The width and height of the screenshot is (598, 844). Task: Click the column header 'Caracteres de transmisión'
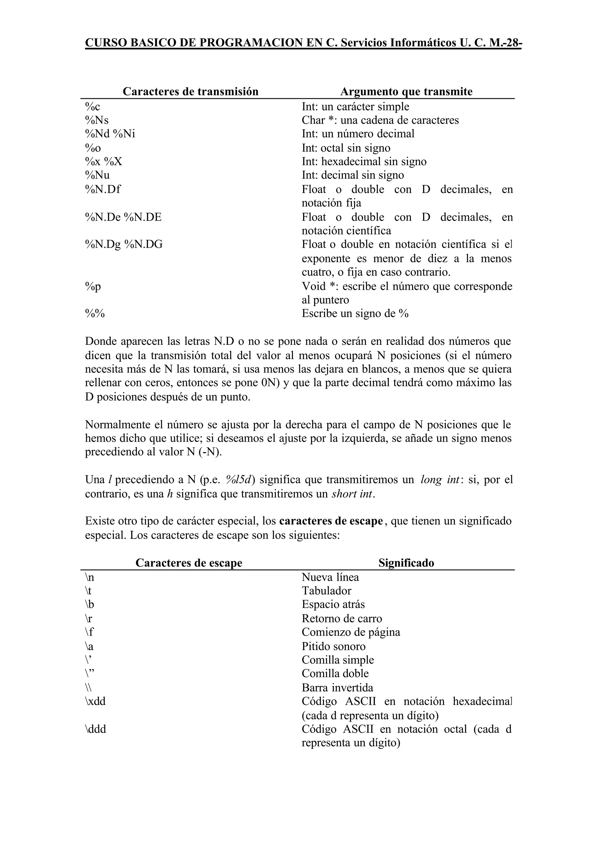click(x=190, y=91)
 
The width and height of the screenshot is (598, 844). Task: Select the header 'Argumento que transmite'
click(x=406, y=91)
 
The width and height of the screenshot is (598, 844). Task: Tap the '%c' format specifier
click(x=93, y=107)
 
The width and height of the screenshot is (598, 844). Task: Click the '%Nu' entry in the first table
click(x=97, y=175)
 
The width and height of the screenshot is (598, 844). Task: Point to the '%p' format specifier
click(x=93, y=286)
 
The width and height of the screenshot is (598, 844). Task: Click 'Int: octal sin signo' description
click(x=346, y=148)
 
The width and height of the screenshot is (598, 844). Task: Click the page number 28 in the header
click(x=512, y=43)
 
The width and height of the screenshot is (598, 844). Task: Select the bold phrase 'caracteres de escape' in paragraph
click(x=331, y=521)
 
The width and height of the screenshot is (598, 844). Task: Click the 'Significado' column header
click(x=406, y=563)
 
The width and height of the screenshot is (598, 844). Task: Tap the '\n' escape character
click(x=89, y=577)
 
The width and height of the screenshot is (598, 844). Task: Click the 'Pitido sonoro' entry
click(x=334, y=646)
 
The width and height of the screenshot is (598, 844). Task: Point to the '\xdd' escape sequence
click(x=95, y=702)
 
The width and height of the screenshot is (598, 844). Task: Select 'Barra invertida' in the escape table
click(x=337, y=688)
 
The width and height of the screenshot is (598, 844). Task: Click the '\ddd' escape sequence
click(x=95, y=729)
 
